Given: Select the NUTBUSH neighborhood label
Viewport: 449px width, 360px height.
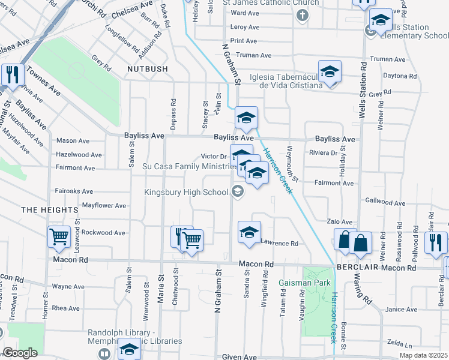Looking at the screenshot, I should [x=147, y=70].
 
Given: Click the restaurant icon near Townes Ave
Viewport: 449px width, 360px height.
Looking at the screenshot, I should [x=12, y=74].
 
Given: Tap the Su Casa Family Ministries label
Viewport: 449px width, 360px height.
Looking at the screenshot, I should [x=187, y=166].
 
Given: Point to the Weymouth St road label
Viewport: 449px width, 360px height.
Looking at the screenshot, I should [x=292, y=163].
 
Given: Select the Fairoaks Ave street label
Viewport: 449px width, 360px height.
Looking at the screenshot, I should [x=74, y=191].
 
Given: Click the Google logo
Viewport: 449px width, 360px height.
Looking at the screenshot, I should [x=20, y=352].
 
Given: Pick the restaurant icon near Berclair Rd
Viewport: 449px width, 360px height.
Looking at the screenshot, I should [x=436, y=242].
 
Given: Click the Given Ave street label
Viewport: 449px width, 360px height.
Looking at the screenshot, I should [x=240, y=357].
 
